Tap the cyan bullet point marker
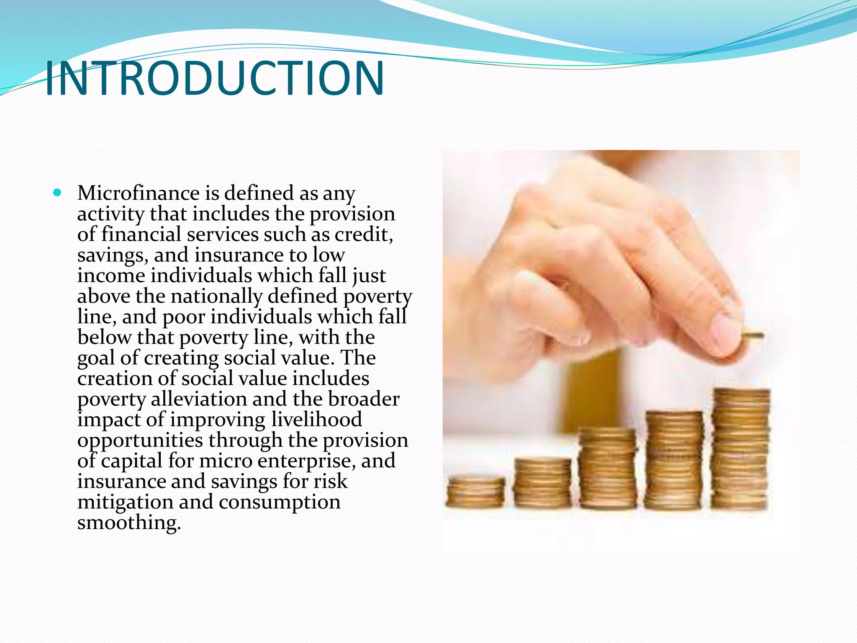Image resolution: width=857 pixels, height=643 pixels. (x=57, y=193)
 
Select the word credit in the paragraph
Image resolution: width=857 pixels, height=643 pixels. (x=363, y=234)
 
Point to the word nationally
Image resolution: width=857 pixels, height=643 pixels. (x=216, y=296)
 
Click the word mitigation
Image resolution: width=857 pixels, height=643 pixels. (x=125, y=502)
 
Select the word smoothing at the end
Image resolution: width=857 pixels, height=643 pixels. (x=129, y=522)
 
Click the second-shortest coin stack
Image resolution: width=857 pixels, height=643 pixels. (x=542, y=482)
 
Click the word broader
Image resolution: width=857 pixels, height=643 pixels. (x=364, y=399)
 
